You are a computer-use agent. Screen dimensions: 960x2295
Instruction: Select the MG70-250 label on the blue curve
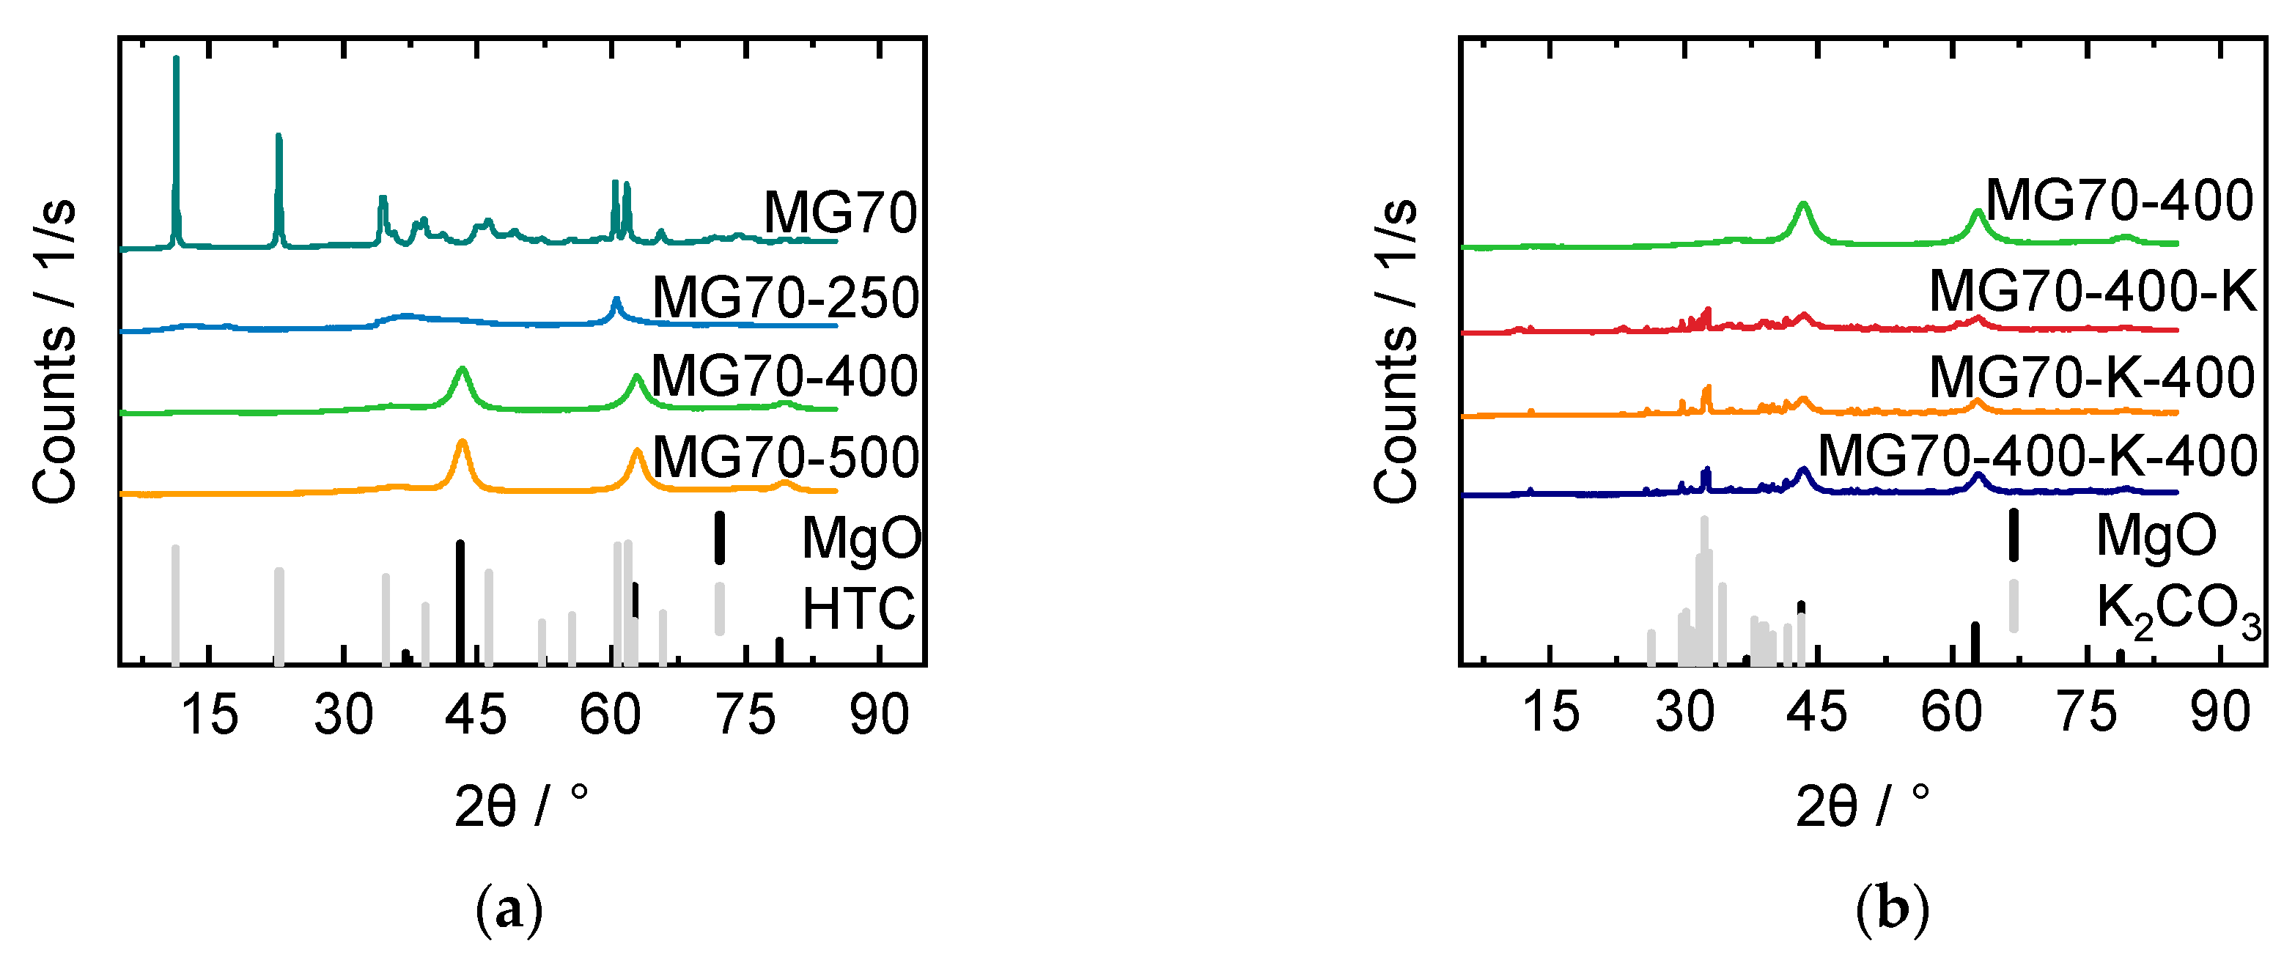[785, 298]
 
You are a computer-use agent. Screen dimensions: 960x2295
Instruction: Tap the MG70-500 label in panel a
[785, 458]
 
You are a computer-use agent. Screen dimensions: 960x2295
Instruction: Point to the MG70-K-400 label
[2092, 377]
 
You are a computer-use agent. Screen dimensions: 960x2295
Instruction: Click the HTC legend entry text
[858, 609]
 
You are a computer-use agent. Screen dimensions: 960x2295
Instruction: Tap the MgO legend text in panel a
[861, 538]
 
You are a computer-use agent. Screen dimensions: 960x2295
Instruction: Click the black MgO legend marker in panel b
[2013, 534]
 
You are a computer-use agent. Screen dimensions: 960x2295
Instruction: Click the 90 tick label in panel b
[2220, 712]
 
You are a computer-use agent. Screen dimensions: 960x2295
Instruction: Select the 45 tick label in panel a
[476, 715]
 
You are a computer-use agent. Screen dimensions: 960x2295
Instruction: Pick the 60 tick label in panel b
[1951, 712]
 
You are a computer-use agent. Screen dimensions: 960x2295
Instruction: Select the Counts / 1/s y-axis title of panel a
[54, 352]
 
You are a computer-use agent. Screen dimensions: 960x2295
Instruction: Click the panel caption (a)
[509, 909]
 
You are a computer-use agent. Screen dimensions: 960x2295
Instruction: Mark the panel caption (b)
[1893, 909]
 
